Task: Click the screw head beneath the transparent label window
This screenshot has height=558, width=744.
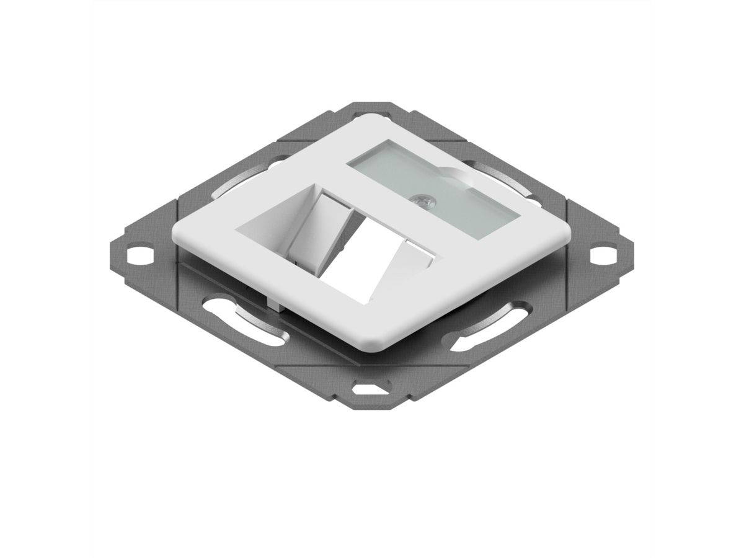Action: click(424, 200)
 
